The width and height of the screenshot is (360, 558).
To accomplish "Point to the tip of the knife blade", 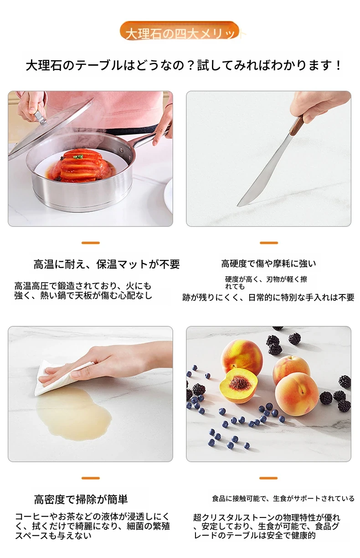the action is [x=238, y=206].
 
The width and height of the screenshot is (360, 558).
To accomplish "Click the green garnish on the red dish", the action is [x=79, y=157].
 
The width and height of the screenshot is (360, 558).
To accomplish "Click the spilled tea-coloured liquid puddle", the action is [x=73, y=413].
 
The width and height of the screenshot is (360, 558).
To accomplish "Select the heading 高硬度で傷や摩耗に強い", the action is [x=268, y=263].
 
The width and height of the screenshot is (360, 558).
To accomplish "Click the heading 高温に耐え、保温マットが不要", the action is [x=107, y=264].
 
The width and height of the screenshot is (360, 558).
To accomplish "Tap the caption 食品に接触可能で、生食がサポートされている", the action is [x=283, y=498].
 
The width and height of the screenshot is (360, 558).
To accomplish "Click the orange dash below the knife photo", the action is [x=268, y=243].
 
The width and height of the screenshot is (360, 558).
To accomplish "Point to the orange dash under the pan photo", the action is [x=90, y=243].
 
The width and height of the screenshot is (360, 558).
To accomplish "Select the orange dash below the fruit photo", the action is [x=268, y=478].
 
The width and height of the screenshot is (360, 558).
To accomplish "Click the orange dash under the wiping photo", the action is [x=90, y=478].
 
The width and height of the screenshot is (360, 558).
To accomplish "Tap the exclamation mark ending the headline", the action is [x=338, y=66].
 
